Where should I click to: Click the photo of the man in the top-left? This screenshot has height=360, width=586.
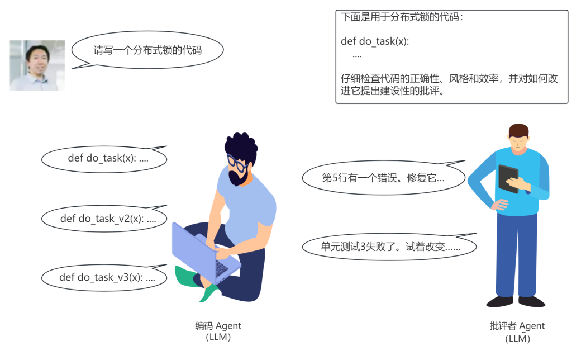[x=37, y=65]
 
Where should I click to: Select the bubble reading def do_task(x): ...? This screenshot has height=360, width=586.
[x=104, y=158]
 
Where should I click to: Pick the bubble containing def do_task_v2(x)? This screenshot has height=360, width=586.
[x=104, y=219]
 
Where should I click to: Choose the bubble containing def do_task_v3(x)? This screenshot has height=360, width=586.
[x=104, y=277]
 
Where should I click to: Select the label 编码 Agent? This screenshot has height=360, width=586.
[x=218, y=326]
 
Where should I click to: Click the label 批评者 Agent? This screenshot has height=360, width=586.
[x=517, y=326]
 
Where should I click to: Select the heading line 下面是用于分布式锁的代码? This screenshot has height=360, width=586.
[x=402, y=17]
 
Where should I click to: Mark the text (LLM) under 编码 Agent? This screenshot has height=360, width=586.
[x=218, y=337]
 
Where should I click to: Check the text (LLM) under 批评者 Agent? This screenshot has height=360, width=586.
[x=517, y=338]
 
